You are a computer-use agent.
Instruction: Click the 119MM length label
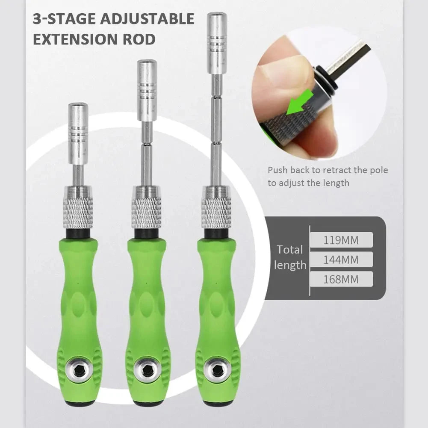tap(341, 240)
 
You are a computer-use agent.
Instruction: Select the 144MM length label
tap(341, 260)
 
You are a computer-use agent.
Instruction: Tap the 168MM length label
tap(341, 280)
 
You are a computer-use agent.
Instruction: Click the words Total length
tap(290, 257)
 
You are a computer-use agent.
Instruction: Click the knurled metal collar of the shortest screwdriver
tap(78, 207)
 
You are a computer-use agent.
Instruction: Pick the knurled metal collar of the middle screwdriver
tap(147, 207)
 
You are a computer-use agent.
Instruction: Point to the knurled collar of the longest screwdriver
tap(216, 207)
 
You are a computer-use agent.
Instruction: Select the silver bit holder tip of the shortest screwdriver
tap(78, 133)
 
